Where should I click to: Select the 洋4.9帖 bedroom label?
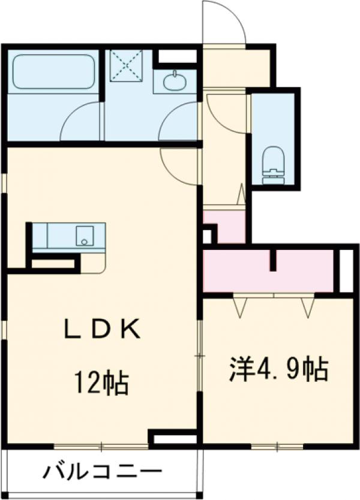click(278, 370)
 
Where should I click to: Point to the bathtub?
click(54, 72)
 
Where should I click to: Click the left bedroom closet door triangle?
click(241, 306)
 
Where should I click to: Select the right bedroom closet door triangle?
click(308, 306)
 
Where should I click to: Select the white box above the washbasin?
click(178, 58)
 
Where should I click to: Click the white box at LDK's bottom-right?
click(175, 438)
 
